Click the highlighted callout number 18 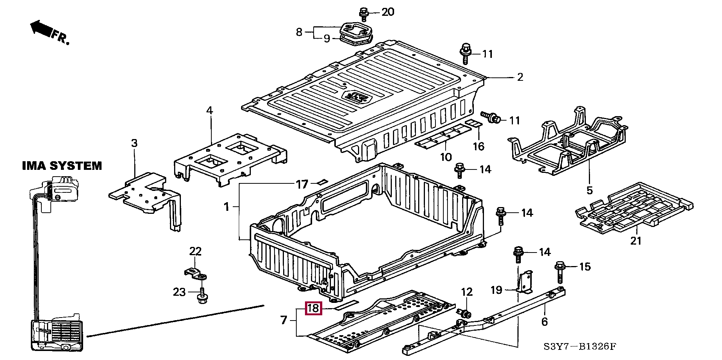point(313,309)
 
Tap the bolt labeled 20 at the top point(364,14)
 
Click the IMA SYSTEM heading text point(62,166)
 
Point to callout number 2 point(520,77)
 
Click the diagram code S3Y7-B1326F point(580,346)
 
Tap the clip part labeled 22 point(196,273)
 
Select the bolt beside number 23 point(202,296)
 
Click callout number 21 point(636,241)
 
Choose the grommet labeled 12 point(465,313)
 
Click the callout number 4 point(209,110)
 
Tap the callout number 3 point(134,143)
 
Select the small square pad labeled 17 point(321,182)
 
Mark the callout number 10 point(446,157)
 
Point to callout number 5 point(589,191)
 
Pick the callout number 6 point(545,321)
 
